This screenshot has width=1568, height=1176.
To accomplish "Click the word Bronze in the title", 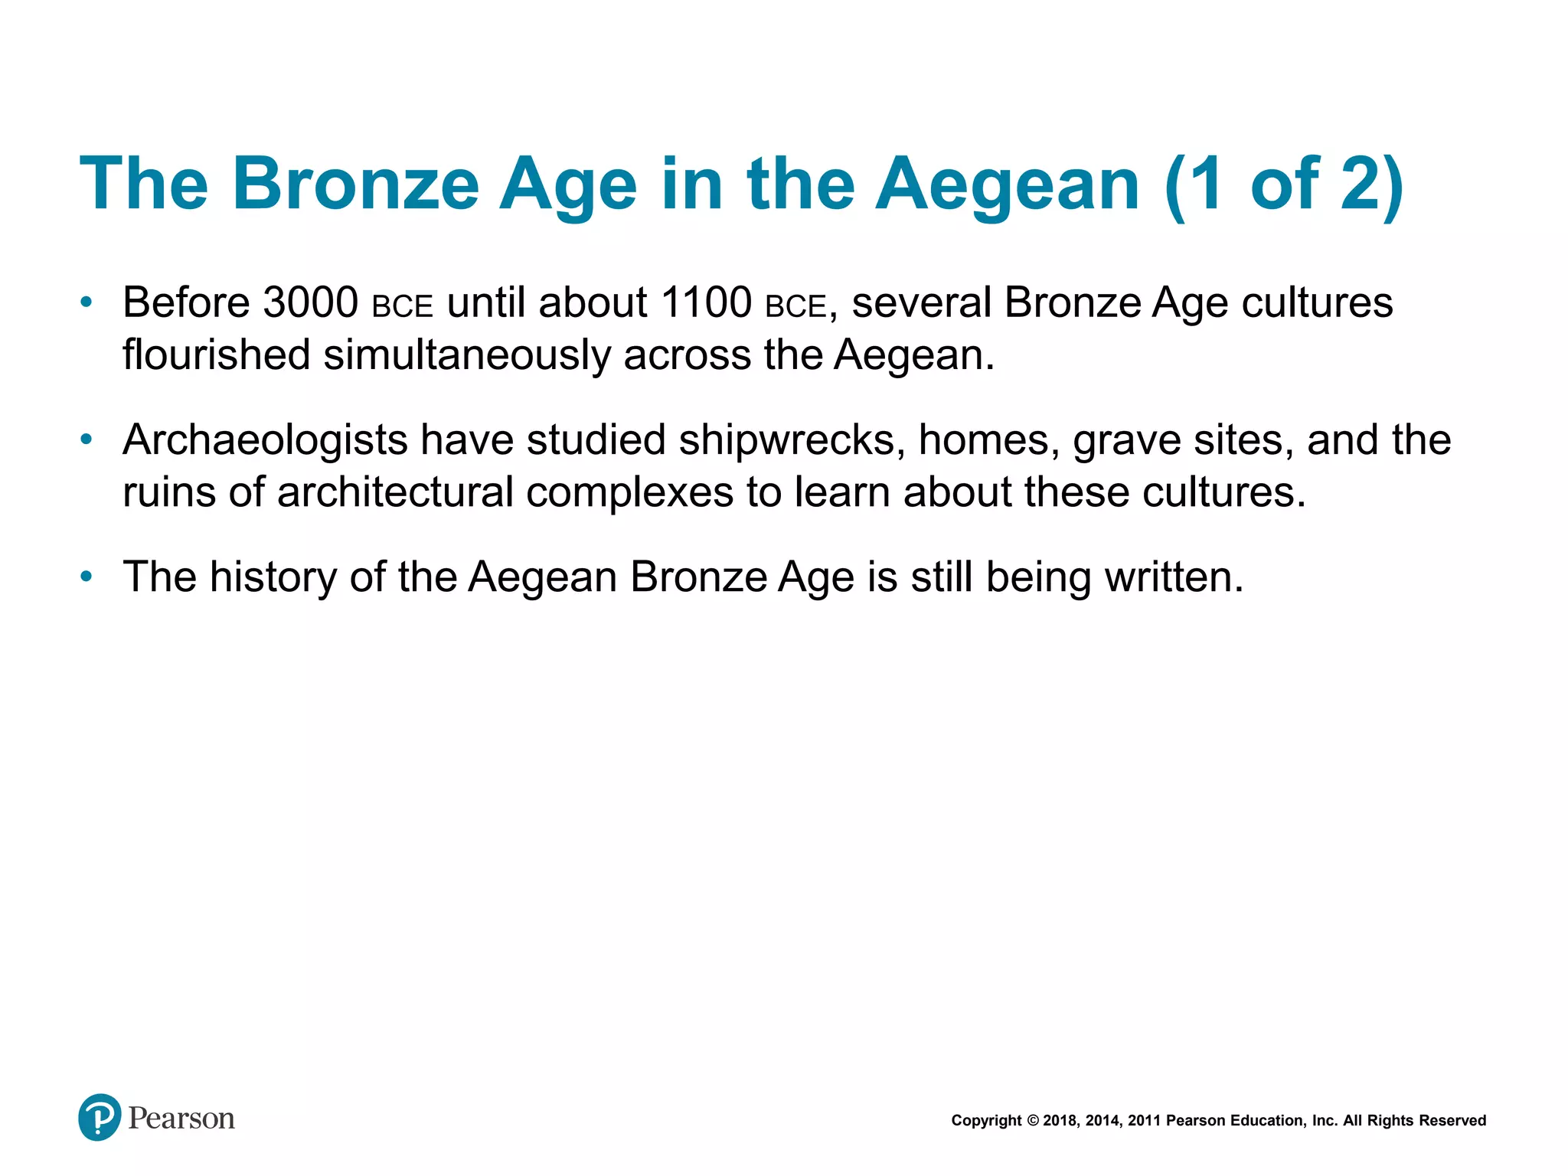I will click(355, 184).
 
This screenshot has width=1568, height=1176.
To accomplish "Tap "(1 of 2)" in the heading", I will click(1284, 184).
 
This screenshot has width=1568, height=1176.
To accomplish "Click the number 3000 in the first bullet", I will click(310, 302).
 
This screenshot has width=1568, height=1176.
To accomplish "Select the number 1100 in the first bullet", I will click(706, 302).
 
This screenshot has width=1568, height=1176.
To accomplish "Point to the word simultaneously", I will click(466, 356).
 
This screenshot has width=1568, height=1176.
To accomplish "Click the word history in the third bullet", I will click(273, 577).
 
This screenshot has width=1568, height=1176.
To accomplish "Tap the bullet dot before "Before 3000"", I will click(87, 302).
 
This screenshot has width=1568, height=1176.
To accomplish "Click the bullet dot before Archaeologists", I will click(87, 440).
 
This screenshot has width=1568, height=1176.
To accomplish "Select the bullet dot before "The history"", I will click(87, 577).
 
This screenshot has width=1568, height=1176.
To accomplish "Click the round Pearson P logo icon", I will click(100, 1117).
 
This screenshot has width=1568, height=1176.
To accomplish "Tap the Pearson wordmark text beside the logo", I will click(181, 1119).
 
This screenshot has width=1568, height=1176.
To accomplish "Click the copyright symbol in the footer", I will click(1032, 1121).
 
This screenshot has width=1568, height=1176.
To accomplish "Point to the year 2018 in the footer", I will click(1060, 1121).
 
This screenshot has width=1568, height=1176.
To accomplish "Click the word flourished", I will click(216, 356).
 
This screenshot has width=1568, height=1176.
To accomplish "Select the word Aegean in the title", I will click(1007, 184).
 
